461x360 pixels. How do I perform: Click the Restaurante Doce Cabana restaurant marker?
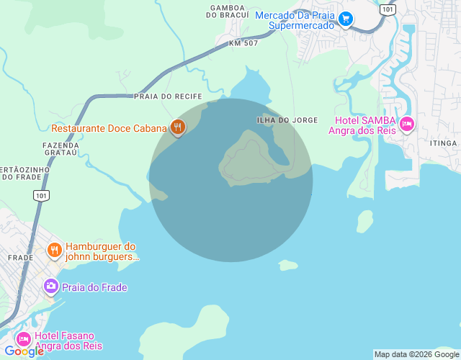click(x=178, y=127)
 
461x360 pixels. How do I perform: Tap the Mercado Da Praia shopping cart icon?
click(x=346, y=19)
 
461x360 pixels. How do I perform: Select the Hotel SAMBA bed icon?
click(x=407, y=125)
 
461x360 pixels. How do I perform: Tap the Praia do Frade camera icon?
click(x=50, y=287)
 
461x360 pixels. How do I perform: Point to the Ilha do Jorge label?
click(x=287, y=120)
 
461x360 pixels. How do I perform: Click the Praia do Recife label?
click(x=168, y=96)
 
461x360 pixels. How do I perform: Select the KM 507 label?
click(x=243, y=43)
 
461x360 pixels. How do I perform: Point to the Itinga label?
click(x=444, y=143)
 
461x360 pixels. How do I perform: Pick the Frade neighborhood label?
click(x=20, y=257)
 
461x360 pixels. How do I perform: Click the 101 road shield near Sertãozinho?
click(x=41, y=195)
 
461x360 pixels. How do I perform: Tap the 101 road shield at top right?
click(x=388, y=9)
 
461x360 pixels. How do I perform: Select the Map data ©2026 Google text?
click(x=416, y=354)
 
